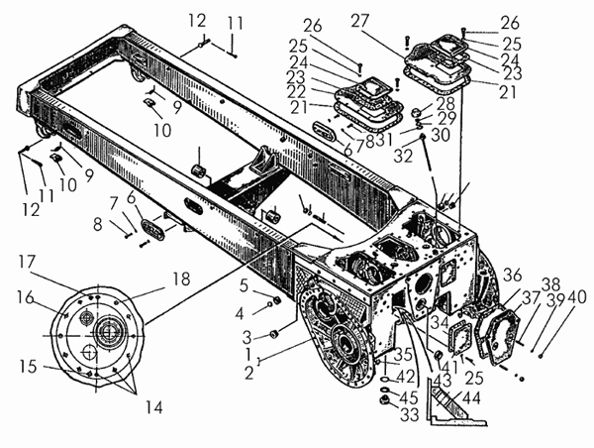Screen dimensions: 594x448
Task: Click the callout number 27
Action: [360, 21]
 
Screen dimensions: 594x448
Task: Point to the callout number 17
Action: [27, 262]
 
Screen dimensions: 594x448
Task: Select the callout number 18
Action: [181, 280]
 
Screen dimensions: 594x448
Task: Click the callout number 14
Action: [154, 407]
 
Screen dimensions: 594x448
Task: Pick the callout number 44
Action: [471, 397]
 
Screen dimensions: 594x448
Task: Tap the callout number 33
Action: [410, 414]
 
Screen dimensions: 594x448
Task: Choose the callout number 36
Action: [512, 276]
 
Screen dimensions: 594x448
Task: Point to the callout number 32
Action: [403, 156]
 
